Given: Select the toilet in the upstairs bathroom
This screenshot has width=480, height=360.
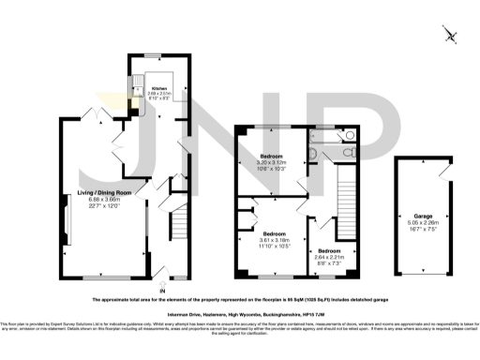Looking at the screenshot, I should coord(350,136).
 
